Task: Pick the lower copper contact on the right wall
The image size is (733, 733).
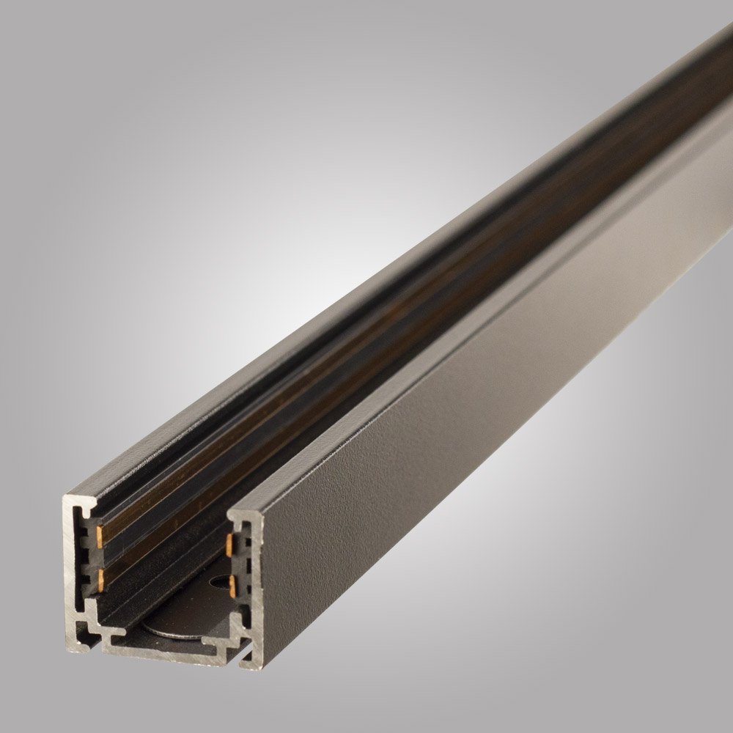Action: pos(232,584)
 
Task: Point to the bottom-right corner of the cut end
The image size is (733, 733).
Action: pos(253,667)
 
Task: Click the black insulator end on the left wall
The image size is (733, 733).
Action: pos(91,557)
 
